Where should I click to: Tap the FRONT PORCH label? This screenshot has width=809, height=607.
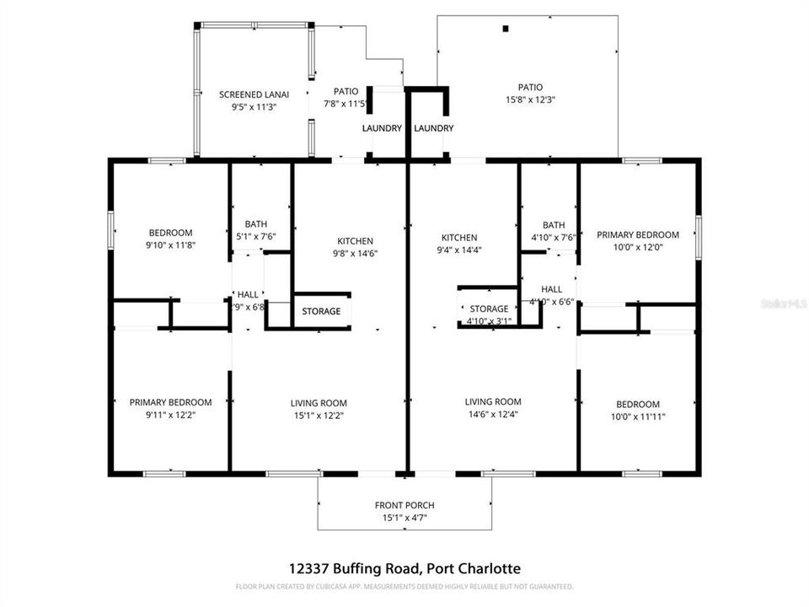(x=404, y=505)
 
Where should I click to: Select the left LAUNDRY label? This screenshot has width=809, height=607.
(x=382, y=128)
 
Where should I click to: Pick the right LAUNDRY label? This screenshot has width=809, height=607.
(x=434, y=128)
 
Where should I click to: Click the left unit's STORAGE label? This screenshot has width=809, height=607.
(x=322, y=311)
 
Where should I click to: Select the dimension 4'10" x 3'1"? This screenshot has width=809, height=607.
(x=489, y=321)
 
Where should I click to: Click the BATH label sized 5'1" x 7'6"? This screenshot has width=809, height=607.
(x=256, y=223)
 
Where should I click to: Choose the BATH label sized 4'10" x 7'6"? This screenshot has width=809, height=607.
(x=554, y=225)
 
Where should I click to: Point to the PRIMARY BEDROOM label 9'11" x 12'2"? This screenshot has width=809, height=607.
(x=170, y=402)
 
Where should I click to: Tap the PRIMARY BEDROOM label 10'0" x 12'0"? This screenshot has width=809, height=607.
(x=638, y=235)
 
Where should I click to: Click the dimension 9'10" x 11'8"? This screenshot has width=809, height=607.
(x=171, y=245)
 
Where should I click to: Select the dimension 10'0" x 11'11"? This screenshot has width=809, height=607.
(x=638, y=416)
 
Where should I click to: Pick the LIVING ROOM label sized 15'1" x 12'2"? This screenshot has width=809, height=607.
(x=319, y=402)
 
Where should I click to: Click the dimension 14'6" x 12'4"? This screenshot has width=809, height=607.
(x=493, y=414)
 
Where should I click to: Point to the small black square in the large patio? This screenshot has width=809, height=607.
(x=506, y=29)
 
